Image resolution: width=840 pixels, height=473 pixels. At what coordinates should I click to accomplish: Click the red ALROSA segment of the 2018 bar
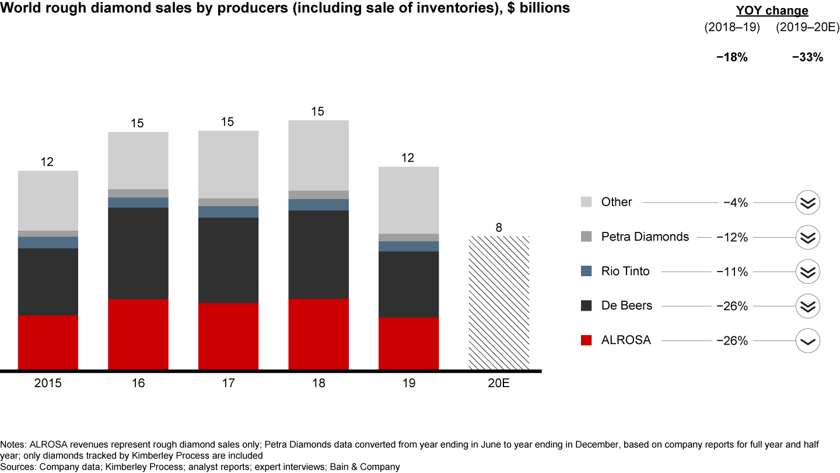pyautogui.click(x=318, y=334)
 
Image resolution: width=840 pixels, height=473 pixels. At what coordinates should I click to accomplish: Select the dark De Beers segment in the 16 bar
pyautogui.click(x=138, y=253)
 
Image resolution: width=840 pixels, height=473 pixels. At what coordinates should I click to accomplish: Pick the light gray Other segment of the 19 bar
pyautogui.click(x=408, y=200)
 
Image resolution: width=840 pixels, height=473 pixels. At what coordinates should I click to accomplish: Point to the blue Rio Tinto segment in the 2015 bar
pyautogui.click(x=48, y=242)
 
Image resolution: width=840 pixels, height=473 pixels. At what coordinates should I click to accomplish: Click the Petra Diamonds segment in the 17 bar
pyautogui.click(x=228, y=202)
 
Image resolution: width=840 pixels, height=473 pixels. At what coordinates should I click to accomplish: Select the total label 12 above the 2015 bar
pyautogui.click(x=47, y=162)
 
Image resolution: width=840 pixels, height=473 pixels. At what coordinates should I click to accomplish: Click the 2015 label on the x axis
pyautogui.click(x=48, y=383)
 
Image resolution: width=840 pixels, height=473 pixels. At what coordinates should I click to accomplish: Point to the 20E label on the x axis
pyautogui.click(x=499, y=383)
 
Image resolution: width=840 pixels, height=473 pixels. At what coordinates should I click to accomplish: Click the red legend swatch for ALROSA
pyautogui.click(x=587, y=340)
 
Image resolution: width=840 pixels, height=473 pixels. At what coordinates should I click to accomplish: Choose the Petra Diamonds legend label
pyautogui.click(x=645, y=236)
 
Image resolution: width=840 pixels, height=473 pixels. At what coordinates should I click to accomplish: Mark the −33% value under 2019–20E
pyautogui.click(x=807, y=57)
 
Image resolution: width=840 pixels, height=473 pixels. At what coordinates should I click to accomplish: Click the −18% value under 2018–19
pyautogui.click(x=731, y=57)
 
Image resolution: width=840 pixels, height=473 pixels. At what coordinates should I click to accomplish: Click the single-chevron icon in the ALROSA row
pyautogui.click(x=808, y=340)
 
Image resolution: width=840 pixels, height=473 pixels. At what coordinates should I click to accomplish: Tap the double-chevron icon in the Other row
pyautogui.click(x=808, y=203)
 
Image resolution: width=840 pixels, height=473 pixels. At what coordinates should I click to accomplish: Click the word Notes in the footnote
pyautogui.click(x=13, y=444)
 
